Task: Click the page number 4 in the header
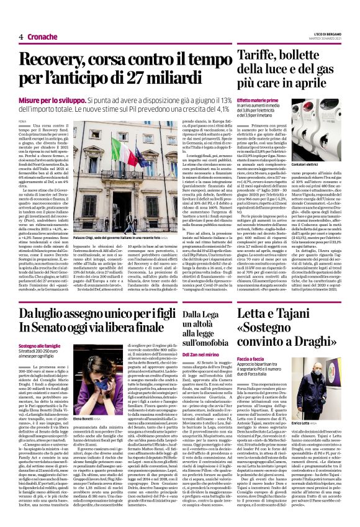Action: pyautogui.click(x=21, y=37)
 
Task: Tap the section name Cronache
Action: pyautogui.click(x=43, y=37)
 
